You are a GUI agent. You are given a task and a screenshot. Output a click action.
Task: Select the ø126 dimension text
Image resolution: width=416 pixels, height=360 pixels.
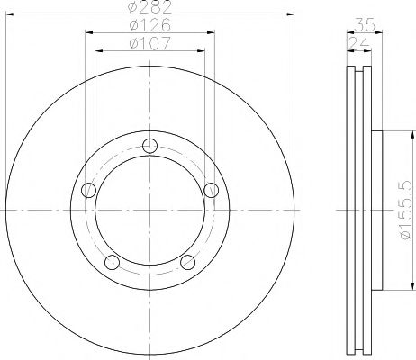tap(149, 26)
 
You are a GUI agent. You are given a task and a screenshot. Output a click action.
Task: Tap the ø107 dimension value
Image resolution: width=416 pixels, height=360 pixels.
tap(149, 43)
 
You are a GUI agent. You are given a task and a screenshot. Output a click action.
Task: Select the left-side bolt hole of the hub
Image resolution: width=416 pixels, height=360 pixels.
tap(88, 190)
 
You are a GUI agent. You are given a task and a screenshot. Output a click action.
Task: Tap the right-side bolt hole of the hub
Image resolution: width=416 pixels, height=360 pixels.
tap(210, 189)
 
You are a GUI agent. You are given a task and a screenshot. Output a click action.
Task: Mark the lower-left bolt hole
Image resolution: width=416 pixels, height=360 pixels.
tap(113, 262)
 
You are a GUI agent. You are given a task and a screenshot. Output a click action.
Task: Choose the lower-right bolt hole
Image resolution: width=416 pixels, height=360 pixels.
tap(187, 262)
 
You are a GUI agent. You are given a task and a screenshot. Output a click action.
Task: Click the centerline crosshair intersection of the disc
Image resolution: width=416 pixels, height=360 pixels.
tap(149, 211)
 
